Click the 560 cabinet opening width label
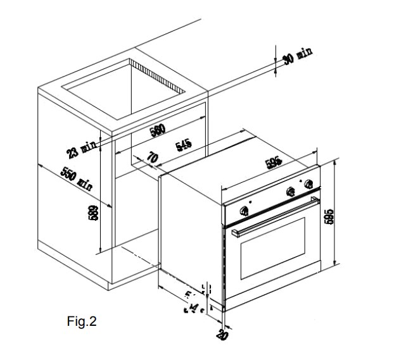click(x=157, y=130)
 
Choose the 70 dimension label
click(x=153, y=157)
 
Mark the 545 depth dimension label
click(x=184, y=146)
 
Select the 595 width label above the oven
click(x=274, y=163)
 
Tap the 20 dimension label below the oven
click(x=222, y=335)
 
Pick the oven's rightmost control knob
click(x=310, y=185)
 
